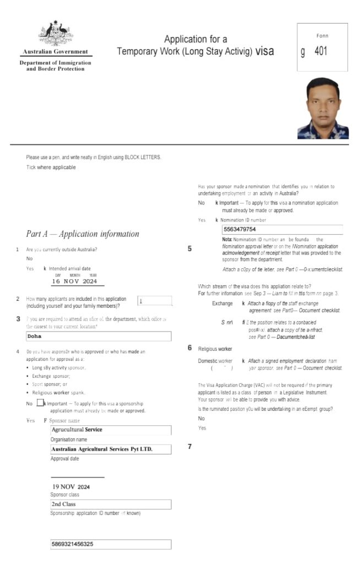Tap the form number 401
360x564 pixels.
[321, 52]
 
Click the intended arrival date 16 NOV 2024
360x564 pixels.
[74, 281]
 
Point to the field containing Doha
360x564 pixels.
[99, 336]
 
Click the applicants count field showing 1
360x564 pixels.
[154, 301]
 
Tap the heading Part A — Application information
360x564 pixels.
[83, 234]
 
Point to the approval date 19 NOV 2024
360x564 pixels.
[72, 487]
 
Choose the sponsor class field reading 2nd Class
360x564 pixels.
[110, 504]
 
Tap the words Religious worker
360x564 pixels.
[215, 349]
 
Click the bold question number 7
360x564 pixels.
[190, 447]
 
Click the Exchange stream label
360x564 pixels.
[222, 303]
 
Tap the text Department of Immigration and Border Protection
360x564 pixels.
[56, 66]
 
